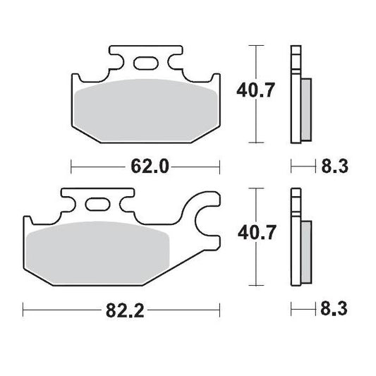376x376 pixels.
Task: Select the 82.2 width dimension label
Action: pyautogui.click(x=121, y=309)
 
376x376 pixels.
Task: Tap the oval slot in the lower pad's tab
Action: pyautogui.click(x=97, y=206)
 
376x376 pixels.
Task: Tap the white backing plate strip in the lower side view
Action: pyautogui.click(x=295, y=236)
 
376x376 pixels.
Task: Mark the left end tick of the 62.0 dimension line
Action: pyautogui.click(x=72, y=167)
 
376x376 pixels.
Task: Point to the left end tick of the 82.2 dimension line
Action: pyautogui.click(x=23, y=309)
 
